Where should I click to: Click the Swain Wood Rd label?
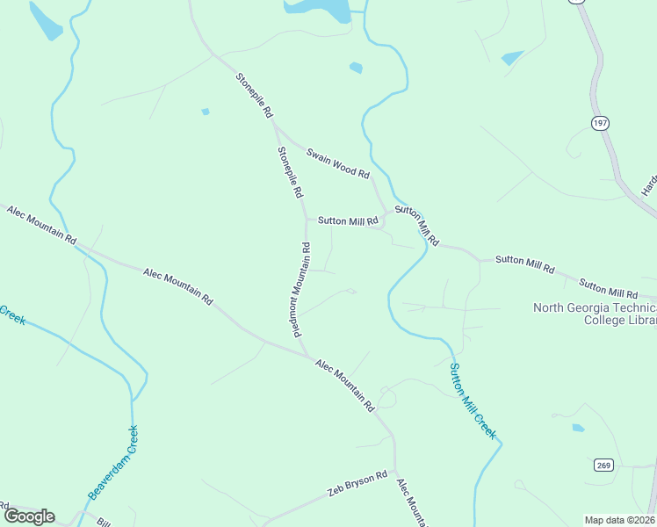point(337,164)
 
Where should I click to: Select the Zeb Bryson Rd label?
point(357,482)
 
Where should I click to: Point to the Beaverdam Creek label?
point(113,463)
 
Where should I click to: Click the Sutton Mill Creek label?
point(473,401)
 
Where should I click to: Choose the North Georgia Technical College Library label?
point(595,314)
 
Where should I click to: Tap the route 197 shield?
point(600,124)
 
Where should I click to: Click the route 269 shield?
point(603,465)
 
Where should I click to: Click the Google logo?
point(29,516)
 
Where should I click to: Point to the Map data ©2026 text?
point(619,520)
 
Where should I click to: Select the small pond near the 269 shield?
point(577,429)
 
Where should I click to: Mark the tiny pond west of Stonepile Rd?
point(206,112)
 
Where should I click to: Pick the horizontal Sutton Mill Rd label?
point(348,221)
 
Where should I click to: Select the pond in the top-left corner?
point(46,21)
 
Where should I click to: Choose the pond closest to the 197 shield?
point(511,59)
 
